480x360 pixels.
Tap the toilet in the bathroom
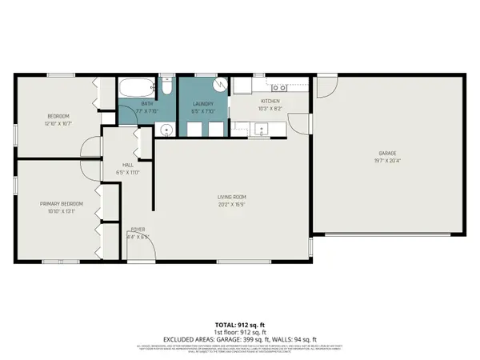(166, 84)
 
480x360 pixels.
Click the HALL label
(128, 165)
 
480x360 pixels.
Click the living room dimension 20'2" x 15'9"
(230, 204)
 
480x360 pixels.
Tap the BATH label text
(146, 103)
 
